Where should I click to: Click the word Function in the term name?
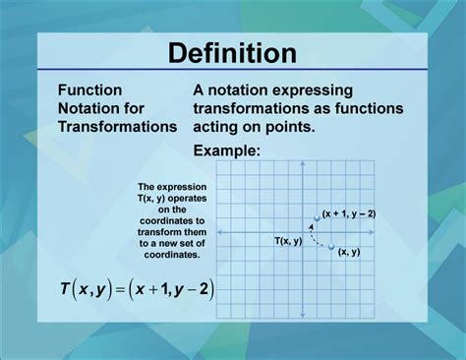[x=89, y=89]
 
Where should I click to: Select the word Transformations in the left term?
[x=117, y=126]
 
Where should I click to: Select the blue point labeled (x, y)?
[x=331, y=246]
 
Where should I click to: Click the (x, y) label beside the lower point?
[x=348, y=253]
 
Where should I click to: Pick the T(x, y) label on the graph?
[x=288, y=240]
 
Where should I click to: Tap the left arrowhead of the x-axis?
[x=217, y=232]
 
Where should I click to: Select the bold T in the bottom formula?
[x=64, y=289]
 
